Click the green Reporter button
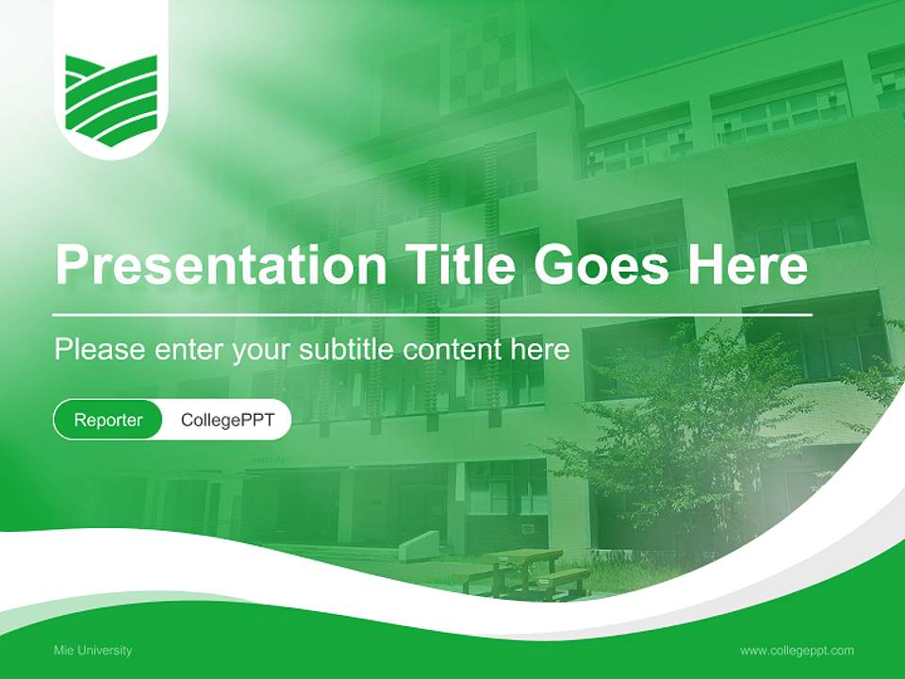point(108,420)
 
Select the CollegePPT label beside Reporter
point(227,420)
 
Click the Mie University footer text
point(92,651)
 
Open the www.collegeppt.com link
point(797,651)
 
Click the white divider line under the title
point(433,314)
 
